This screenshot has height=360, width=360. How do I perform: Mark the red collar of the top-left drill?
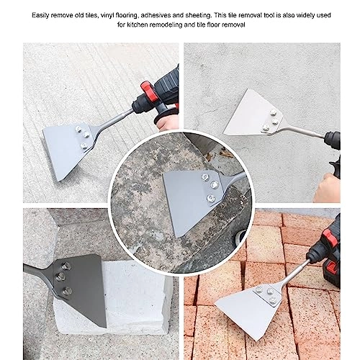pyautogui.click(x=147, y=91)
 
